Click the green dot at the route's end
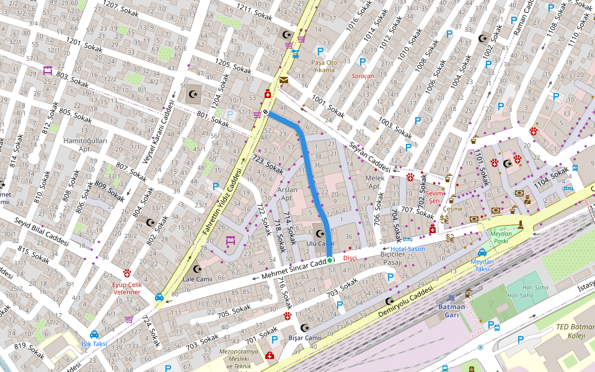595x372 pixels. click(330, 260)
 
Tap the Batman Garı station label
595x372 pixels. click(452, 311)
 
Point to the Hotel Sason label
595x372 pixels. click(408, 249)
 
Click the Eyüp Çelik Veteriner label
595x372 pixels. click(126, 288)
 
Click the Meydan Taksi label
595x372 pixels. click(482, 265)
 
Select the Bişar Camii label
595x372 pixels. click(304, 338)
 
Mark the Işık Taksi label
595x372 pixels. click(94, 343)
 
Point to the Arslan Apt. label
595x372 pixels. click(288, 193)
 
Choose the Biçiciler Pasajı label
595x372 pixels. click(395, 258)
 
